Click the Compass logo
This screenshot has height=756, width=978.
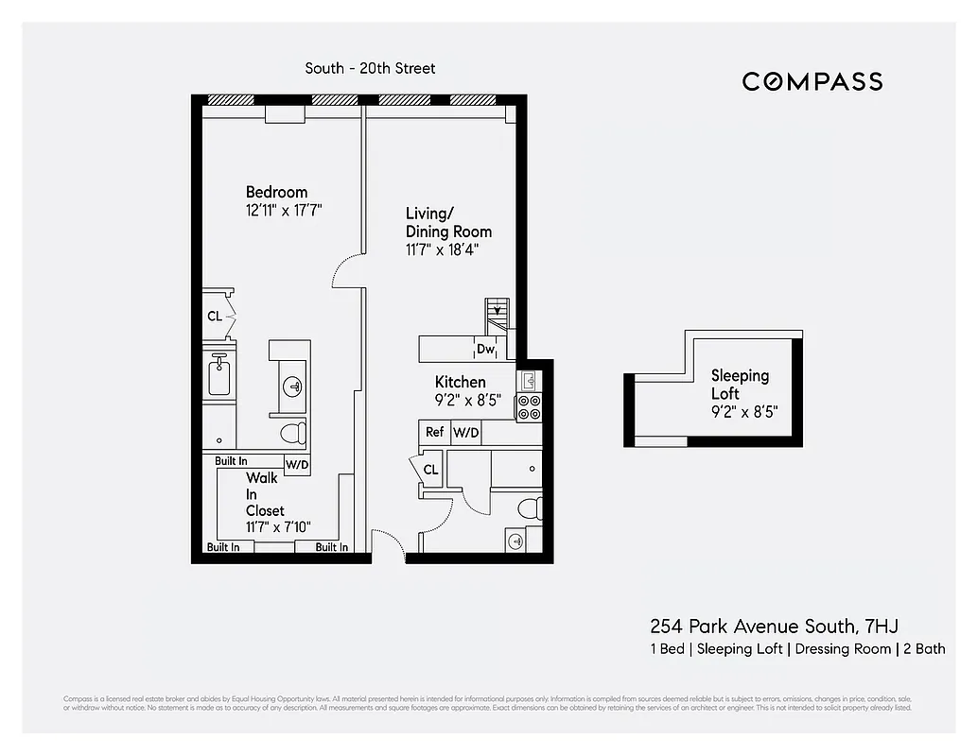point(812,81)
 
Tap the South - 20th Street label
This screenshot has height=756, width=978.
point(370,68)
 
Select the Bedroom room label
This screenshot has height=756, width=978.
point(276,192)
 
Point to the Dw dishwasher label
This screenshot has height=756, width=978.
point(486,350)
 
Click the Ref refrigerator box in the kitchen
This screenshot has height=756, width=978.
point(434,432)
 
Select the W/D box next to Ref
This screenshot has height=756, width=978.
point(465,432)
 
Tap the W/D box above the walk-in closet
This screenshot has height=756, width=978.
point(297,465)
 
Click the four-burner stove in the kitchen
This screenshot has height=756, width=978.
point(529,407)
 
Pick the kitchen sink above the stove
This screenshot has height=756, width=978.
point(529,381)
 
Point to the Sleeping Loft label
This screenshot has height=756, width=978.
point(740,384)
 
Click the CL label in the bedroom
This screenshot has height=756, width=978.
point(215,317)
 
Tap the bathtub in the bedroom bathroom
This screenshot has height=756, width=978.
point(219,376)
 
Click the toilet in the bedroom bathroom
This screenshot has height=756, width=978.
point(294,434)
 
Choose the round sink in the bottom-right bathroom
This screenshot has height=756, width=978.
point(515,541)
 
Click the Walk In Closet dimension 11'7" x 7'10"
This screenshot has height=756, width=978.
point(278,527)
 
